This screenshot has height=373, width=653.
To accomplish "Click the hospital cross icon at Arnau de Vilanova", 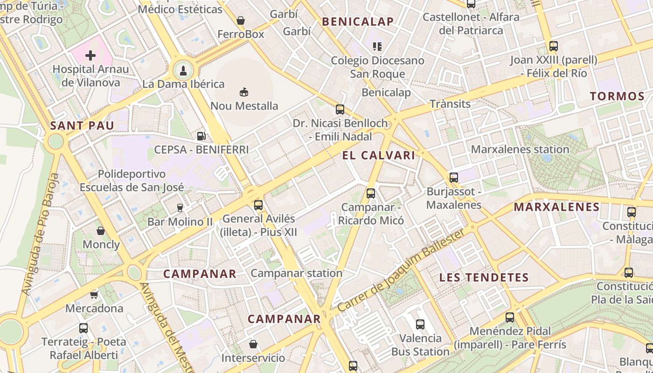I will click(x=90, y=56).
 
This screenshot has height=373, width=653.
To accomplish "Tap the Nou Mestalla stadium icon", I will click(x=244, y=92).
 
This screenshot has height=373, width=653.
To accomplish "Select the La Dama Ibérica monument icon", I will click(x=183, y=71).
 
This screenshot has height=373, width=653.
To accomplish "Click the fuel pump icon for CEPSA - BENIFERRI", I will click(x=201, y=136).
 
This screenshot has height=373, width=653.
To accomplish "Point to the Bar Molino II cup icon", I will click(x=180, y=207).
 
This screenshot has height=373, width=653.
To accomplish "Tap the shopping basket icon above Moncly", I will click(x=101, y=230).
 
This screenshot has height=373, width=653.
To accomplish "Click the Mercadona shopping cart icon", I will click(x=94, y=294).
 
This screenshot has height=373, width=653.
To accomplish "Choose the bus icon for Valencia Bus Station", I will click(x=420, y=324).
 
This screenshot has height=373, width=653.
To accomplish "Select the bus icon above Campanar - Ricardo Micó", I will click(x=371, y=193).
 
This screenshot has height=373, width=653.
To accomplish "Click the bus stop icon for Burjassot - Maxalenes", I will click(x=454, y=177).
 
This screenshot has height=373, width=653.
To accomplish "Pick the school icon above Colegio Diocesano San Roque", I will click(x=377, y=46).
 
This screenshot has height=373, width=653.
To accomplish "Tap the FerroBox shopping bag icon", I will click(x=241, y=21).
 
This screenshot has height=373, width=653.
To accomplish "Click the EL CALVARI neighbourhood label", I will click(x=379, y=156).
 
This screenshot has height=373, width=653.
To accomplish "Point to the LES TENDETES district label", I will click(x=484, y=278).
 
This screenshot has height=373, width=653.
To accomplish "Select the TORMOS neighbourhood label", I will click(x=617, y=97).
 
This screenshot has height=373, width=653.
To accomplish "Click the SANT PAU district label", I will click(x=82, y=125).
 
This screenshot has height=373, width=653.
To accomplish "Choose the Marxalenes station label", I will click(x=520, y=150).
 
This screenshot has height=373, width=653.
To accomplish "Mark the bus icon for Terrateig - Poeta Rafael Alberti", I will click(x=83, y=328).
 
